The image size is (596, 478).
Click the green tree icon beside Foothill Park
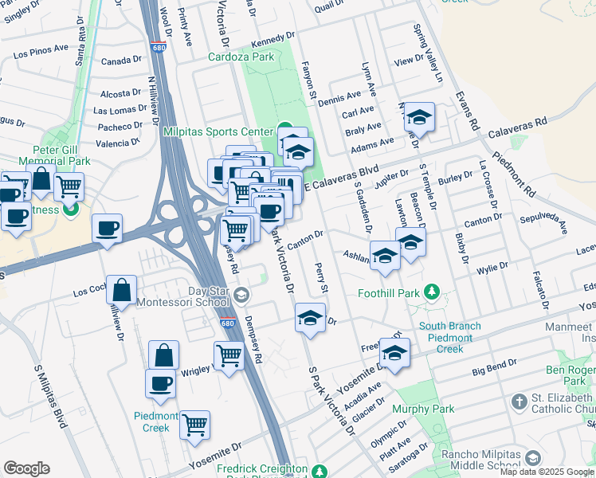[432, 292]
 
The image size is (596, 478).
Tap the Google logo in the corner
[26, 468]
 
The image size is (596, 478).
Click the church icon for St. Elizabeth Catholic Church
[519, 400]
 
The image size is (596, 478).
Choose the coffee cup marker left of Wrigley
[160, 382]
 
